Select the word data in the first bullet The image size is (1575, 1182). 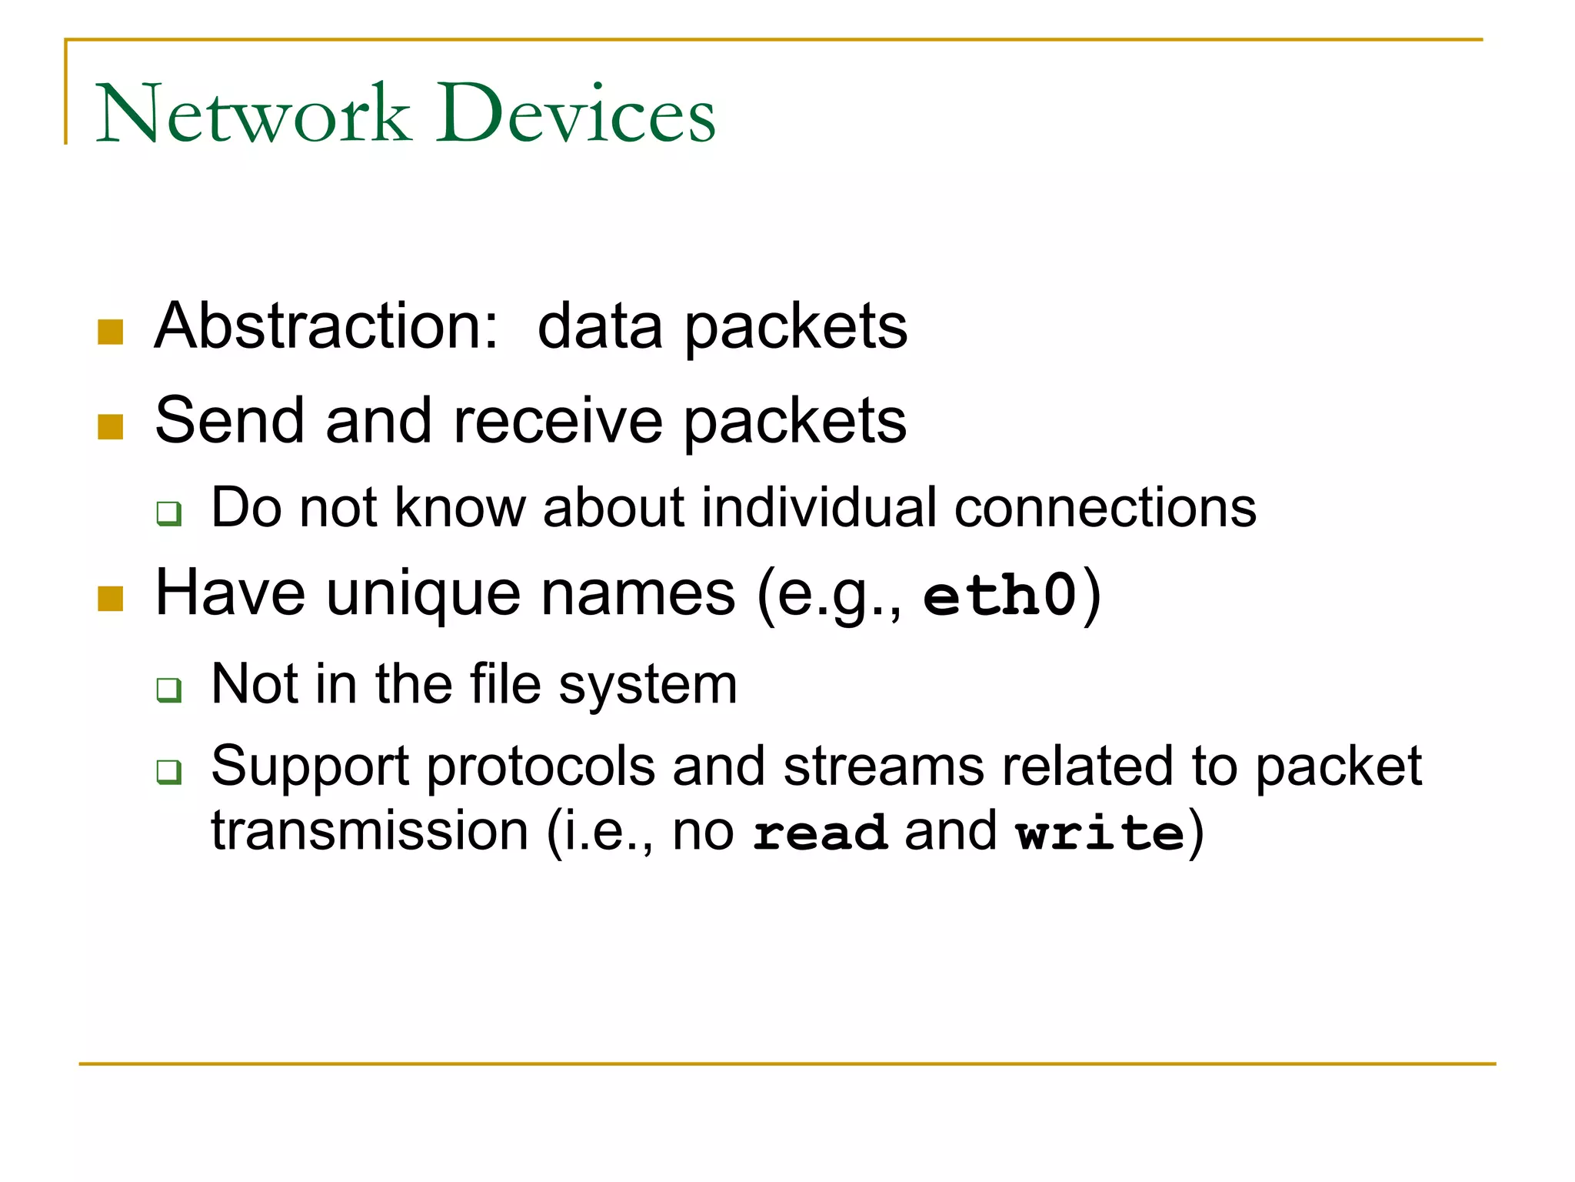pos(600,326)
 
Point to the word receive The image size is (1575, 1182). pos(558,422)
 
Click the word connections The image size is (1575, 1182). pos(1105,508)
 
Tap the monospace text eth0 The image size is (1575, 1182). pos(999,596)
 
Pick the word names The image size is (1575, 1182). pos(638,594)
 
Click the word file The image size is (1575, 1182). pos(505,684)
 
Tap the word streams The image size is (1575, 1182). pos(884,766)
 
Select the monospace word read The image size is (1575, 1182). pos(820,833)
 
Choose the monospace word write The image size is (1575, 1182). pos(1100,833)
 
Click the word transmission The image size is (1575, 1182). pos(369,832)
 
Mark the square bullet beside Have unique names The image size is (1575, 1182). pos(111,599)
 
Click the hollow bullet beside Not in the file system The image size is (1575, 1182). pos(168,689)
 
